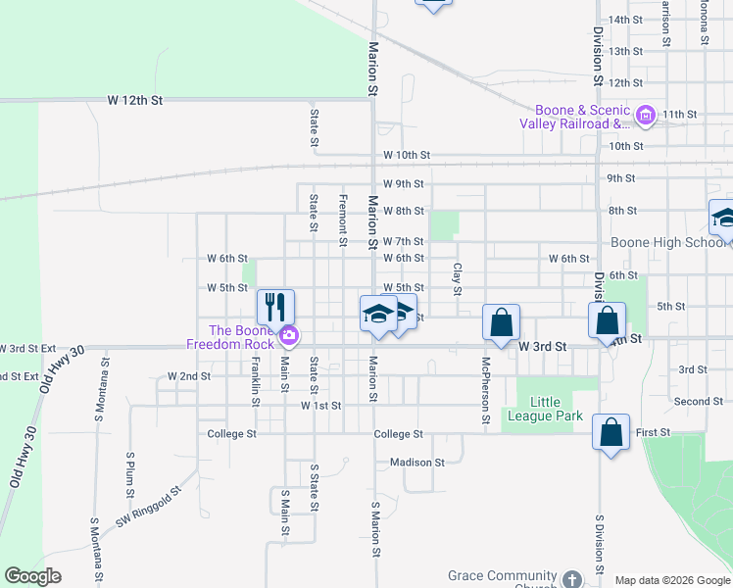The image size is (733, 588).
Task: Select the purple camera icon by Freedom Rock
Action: point(289,336)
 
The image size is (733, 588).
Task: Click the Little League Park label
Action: point(557,409)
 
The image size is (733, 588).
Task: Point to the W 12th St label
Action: point(134,101)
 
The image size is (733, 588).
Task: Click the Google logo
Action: point(33,576)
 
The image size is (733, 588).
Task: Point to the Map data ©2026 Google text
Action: point(671,580)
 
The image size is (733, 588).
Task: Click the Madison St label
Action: point(416,463)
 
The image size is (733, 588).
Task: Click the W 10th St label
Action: point(407,156)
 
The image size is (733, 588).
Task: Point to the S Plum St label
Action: point(129,475)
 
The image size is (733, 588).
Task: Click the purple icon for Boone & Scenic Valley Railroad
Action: point(645,117)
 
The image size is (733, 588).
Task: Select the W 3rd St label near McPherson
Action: point(543,347)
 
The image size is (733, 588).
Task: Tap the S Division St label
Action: point(599,542)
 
